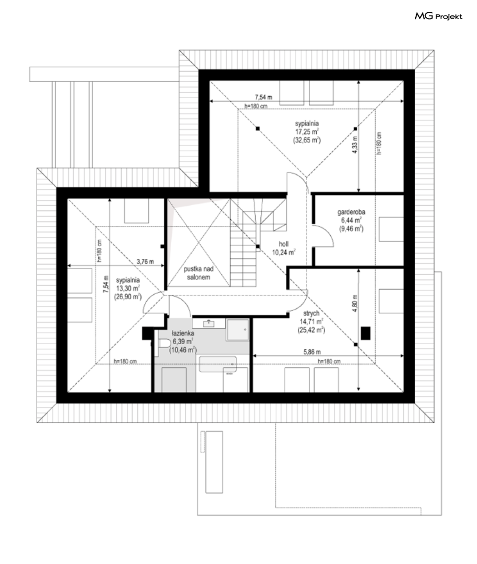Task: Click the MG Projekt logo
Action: (438, 16)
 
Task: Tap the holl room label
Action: (283, 244)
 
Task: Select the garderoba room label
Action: (351, 212)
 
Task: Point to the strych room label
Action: (311, 313)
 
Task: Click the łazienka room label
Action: (183, 333)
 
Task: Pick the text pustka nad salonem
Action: (199, 273)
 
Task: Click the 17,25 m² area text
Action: (307, 132)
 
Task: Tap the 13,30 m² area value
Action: (128, 288)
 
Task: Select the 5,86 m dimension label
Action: (312, 352)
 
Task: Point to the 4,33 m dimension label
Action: (355, 144)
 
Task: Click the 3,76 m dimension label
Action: (145, 262)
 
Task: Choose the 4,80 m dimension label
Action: (355, 303)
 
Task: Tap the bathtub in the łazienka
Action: (218, 364)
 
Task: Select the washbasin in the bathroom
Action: (209, 323)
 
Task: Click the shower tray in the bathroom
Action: (237, 330)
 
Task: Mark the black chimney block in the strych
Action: (366, 333)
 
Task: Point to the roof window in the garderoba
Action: (391, 229)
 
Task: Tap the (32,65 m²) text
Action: (307, 140)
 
